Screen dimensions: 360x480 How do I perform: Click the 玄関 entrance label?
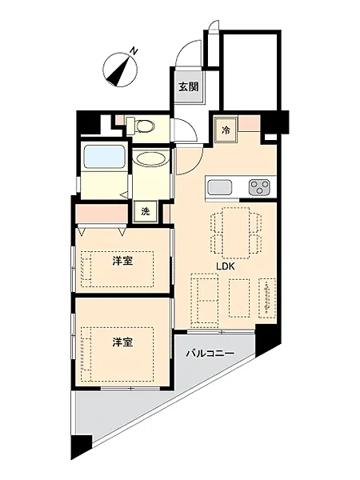pos(188,87)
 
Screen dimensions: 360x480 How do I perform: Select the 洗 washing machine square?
pos(146,211)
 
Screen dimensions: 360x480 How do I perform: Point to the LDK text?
pos(226,266)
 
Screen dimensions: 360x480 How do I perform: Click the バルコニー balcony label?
pos(210,354)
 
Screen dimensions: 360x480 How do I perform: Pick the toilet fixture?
pos(140,126)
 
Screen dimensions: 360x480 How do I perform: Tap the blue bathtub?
pos(104,157)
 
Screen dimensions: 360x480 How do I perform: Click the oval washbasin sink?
pos(151,159)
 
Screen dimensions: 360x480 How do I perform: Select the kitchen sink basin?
pos(220,187)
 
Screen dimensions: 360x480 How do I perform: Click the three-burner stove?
pos(260,187)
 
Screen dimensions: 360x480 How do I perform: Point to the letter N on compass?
pos(133,51)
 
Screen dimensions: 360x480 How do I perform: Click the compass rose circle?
pos(120,70)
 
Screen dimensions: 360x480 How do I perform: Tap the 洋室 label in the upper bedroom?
pos(122,261)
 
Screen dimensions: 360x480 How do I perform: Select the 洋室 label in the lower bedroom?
pos(122,342)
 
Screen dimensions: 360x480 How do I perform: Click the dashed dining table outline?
pos(236,233)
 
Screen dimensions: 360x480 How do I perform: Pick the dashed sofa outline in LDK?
pos(205,298)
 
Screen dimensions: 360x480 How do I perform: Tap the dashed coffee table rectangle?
pos(239,298)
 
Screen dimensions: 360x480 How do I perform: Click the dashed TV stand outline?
pos(267,298)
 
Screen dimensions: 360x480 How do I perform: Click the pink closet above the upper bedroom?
pos(102,214)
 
